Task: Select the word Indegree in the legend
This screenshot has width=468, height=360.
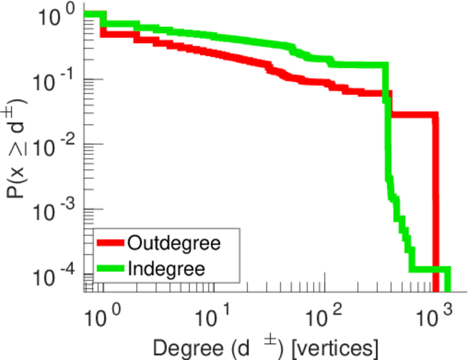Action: (166, 268)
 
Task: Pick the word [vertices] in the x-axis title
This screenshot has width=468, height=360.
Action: (335, 347)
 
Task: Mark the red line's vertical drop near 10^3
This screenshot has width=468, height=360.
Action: (436, 198)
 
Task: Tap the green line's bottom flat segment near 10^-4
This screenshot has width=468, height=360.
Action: (429, 269)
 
